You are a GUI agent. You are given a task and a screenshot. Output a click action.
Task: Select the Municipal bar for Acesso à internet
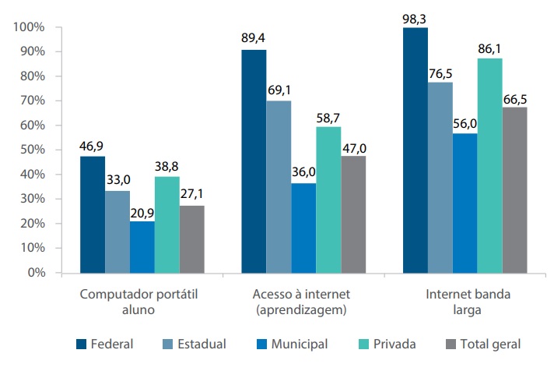coord(303,228)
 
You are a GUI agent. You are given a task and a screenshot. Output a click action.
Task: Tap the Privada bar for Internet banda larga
coord(489,165)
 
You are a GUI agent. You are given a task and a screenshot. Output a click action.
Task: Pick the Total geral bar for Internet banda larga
coord(514,190)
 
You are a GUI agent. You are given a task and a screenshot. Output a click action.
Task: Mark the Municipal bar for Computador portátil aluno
coord(142,247)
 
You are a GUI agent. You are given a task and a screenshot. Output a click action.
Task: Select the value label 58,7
coord(328,115)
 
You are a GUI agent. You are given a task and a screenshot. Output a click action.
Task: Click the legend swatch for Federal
coord(81,344)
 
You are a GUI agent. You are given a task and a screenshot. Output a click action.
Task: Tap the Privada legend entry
coord(393,344)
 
